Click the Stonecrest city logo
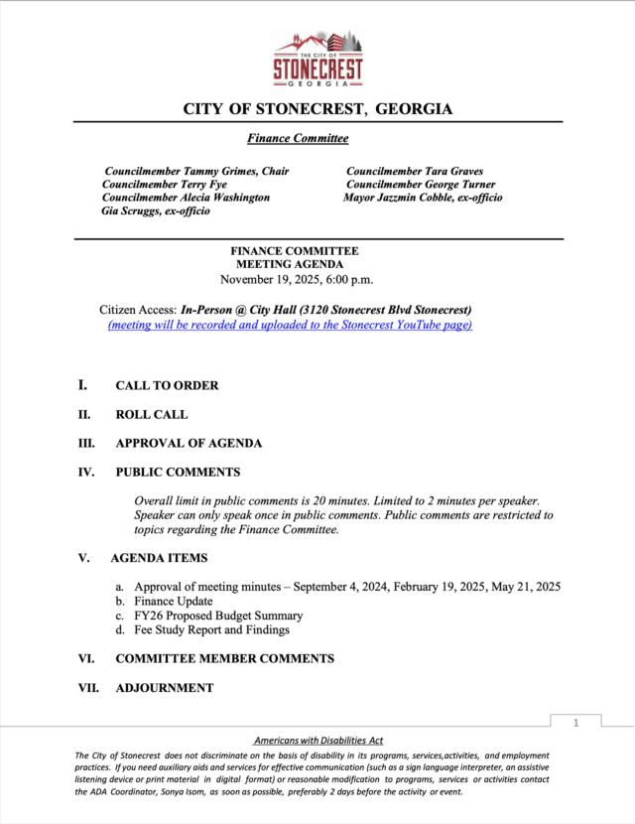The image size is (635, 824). [318, 59]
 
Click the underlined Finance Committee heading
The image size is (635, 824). [298, 138]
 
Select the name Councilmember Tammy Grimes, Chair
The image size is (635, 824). [196, 171]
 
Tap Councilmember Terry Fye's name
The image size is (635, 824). [165, 185]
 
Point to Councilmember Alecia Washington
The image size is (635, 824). [186, 198]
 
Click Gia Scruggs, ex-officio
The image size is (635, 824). [156, 211]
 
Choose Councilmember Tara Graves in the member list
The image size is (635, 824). [415, 171]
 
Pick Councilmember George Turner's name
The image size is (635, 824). [421, 185]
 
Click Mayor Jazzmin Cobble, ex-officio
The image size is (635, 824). [423, 198]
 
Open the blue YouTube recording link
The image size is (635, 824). [290, 325]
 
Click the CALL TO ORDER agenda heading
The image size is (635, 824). [167, 385]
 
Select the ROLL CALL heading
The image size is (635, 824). [151, 415]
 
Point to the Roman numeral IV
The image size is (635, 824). [86, 473]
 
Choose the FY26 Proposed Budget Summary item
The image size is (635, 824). [218, 616]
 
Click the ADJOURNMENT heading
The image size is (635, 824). [164, 688]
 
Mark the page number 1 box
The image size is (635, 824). [574, 724]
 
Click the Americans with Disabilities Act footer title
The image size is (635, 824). [318, 741]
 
